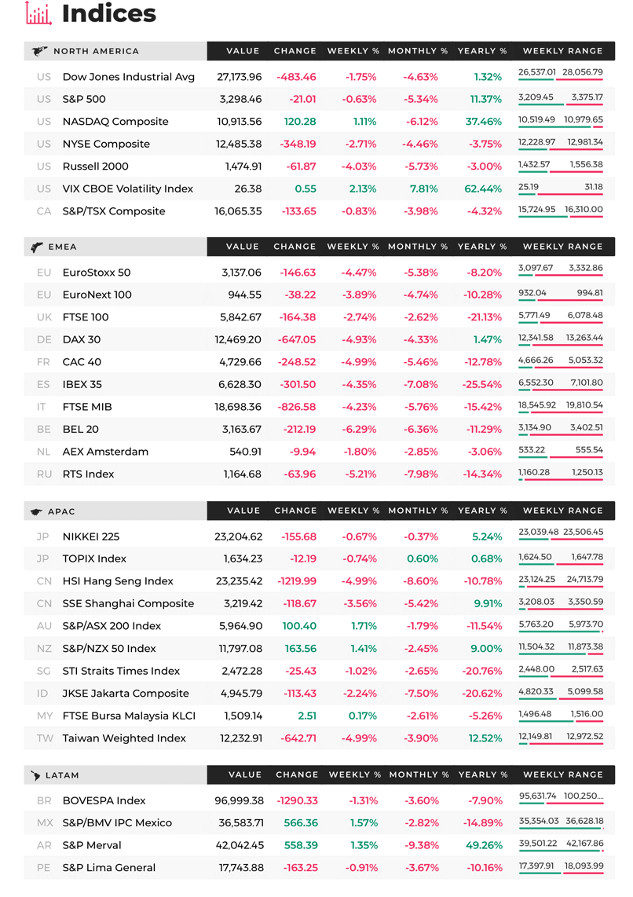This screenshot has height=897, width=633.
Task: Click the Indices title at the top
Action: coord(108,13)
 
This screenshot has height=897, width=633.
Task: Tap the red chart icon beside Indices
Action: coord(38,13)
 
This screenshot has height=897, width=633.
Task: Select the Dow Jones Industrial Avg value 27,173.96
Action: coord(239,77)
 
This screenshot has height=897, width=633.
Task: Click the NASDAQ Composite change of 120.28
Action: coord(300,121)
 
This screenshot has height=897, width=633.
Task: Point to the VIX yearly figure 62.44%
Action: coord(483,189)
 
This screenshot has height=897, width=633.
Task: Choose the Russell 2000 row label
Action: coord(96,167)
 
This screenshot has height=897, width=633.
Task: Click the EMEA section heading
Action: coord(62,247)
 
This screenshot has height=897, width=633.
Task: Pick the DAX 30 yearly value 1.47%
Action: coord(487,340)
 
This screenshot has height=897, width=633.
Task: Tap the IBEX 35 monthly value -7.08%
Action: coord(421,384)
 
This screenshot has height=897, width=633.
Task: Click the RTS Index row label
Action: coord(88,474)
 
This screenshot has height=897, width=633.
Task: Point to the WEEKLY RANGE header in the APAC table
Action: coord(562,511)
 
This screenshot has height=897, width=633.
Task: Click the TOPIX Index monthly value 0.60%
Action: coord(423,559)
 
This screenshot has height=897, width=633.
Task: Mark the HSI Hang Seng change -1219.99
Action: coord(297,581)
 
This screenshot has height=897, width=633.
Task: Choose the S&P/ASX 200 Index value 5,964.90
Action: coord(241,626)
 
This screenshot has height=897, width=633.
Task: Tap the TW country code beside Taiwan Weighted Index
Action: coord(45,738)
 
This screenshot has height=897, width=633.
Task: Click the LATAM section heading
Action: coord(62,776)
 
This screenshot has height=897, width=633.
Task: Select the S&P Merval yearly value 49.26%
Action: coord(485,845)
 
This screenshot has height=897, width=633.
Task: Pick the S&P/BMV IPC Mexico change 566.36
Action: coord(301,823)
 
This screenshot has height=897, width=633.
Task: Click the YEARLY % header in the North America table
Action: coord(482,51)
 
